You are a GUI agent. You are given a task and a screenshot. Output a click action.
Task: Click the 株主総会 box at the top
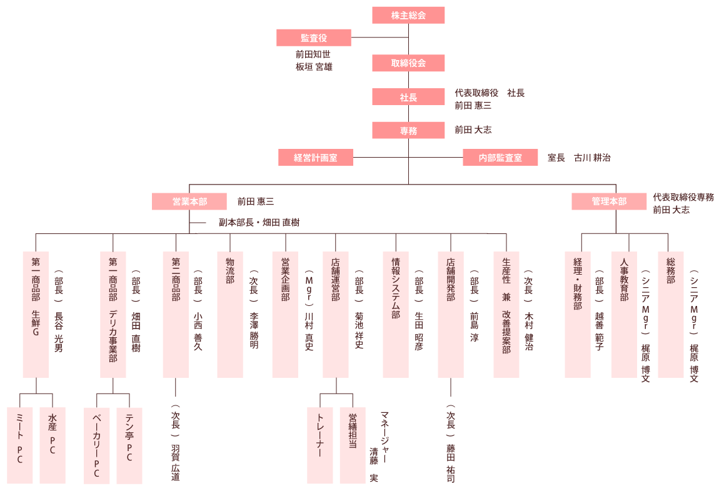[x=408, y=15]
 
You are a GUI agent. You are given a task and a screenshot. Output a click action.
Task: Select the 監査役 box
[x=313, y=38]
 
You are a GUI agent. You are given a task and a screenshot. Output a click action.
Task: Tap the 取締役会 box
[x=408, y=63]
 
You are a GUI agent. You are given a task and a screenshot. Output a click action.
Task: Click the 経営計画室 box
[x=316, y=158]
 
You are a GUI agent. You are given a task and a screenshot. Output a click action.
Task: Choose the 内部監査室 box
[x=500, y=158]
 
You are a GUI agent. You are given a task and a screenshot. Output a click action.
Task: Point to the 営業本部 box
[x=189, y=201]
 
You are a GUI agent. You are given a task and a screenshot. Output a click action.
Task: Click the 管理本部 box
[x=609, y=201]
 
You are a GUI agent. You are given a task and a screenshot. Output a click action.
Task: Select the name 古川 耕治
[x=592, y=158]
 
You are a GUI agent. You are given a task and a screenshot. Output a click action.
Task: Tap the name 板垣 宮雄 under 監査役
[x=314, y=66]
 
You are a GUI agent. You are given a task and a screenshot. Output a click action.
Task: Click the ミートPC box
[x=19, y=445]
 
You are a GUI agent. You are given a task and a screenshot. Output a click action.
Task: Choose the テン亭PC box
[x=129, y=445]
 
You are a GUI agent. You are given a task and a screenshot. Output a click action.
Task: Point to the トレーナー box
[x=319, y=445]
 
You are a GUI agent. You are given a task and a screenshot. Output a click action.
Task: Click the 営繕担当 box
[x=353, y=445]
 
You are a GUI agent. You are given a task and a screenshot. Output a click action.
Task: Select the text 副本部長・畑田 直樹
[x=263, y=222]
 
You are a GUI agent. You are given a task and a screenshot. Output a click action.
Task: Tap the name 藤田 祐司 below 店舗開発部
[x=451, y=463]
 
